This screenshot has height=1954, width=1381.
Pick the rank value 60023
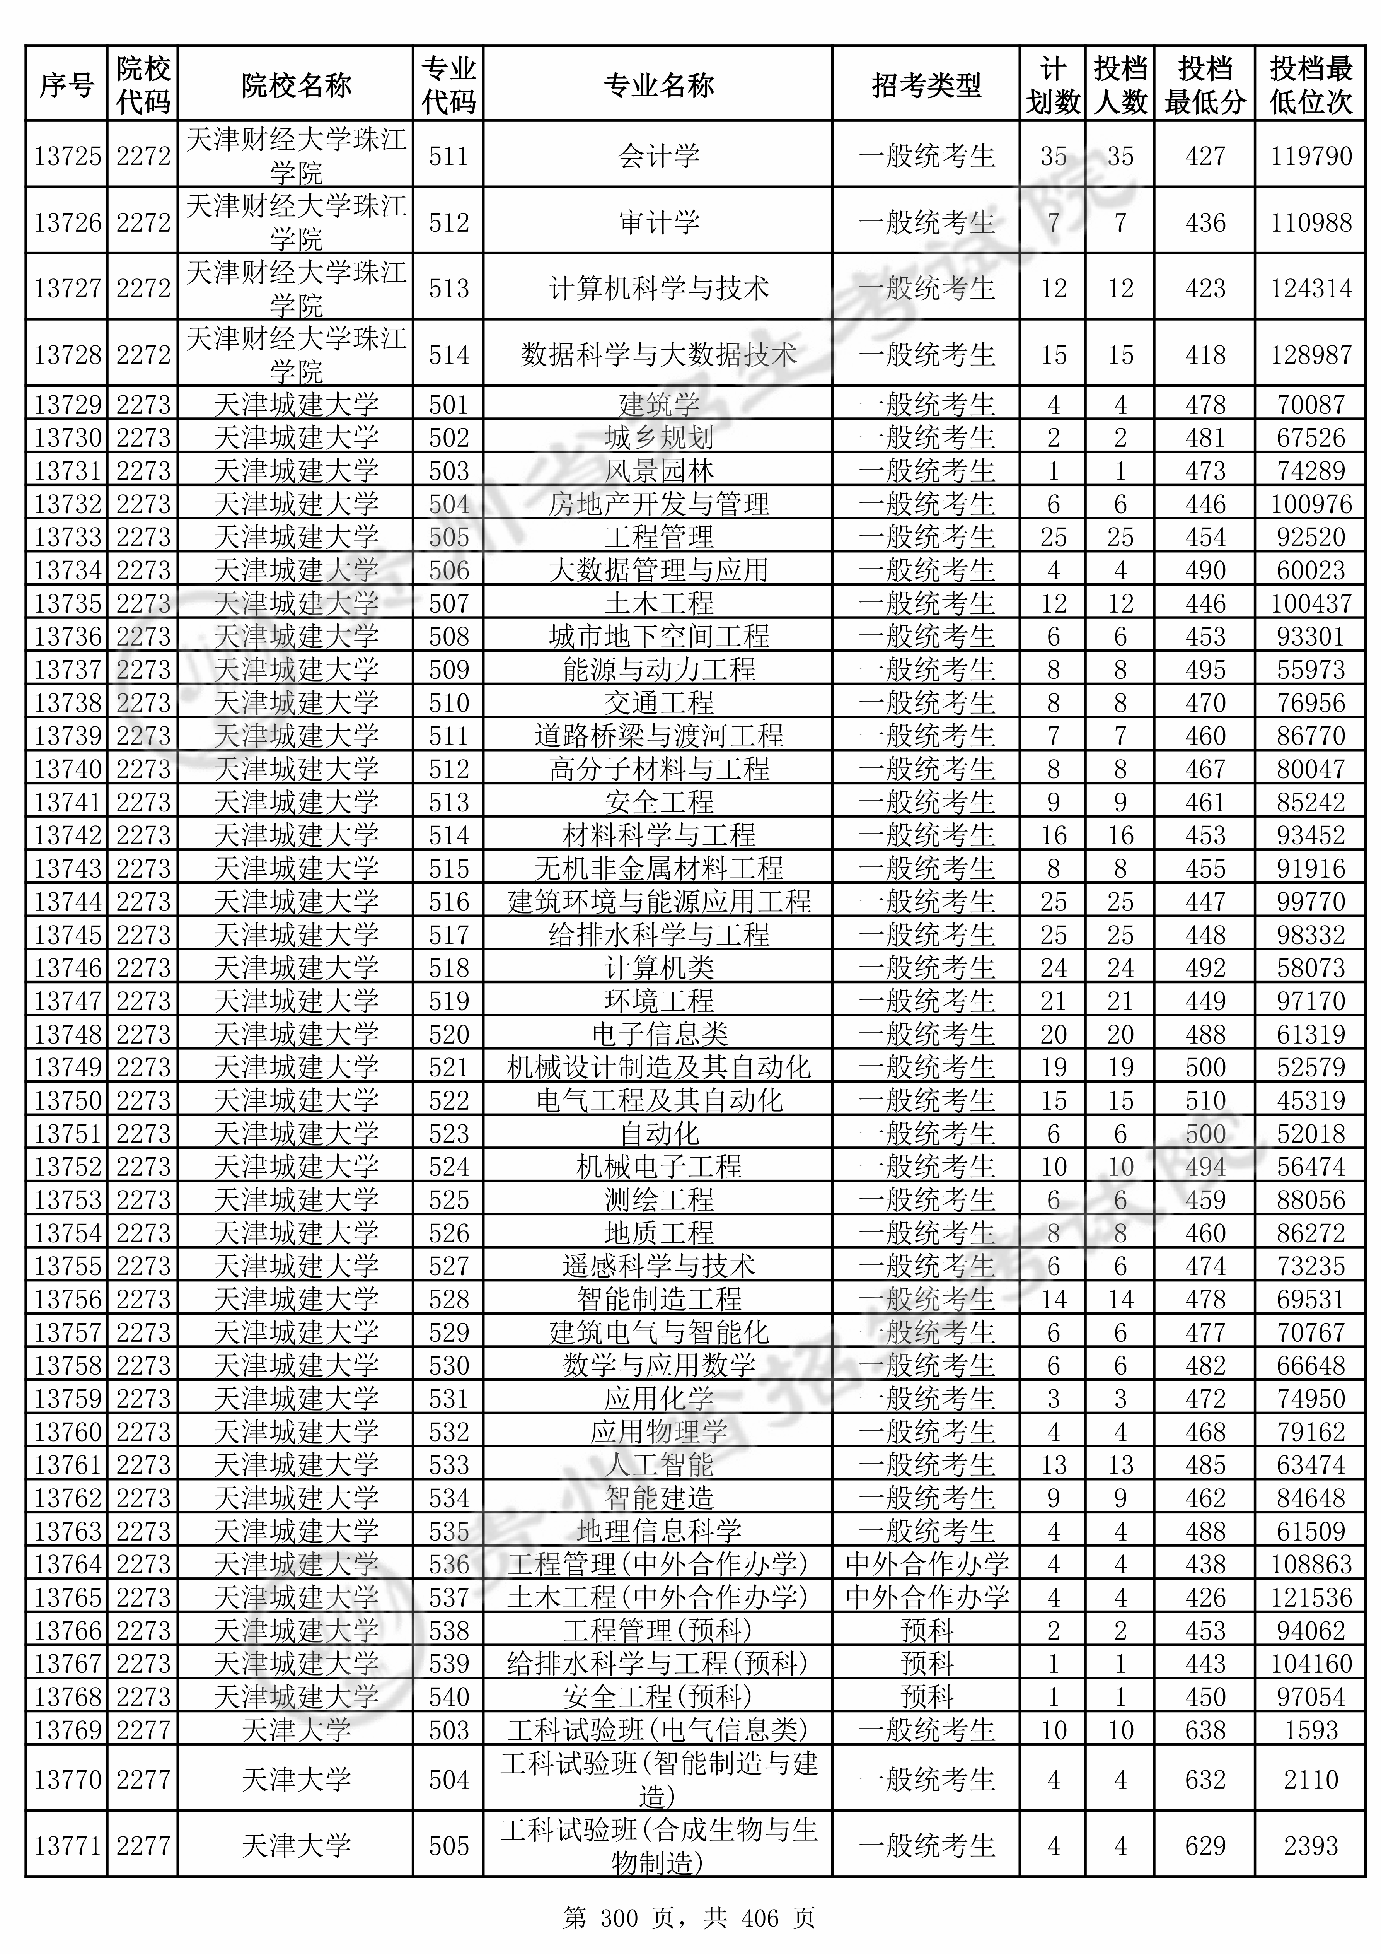(x=1310, y=570)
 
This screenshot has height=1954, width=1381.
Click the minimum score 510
(x=1205, y=1100)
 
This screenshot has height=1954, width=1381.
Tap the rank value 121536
(x=1310, y=1597)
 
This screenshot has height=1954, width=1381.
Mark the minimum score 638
(x=1205, y=1730)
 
